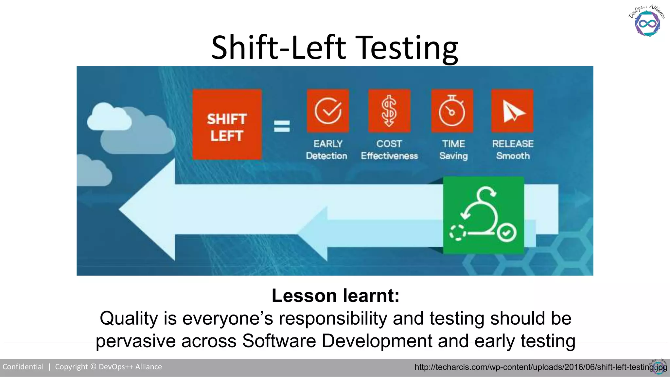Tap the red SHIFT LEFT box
227,125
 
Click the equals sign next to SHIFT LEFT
282,126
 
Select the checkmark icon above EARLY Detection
328,111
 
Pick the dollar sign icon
389,111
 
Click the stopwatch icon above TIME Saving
452,111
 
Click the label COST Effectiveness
389,150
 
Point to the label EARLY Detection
327,150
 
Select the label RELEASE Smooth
513,150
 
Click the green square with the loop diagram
483,215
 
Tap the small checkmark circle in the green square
506,233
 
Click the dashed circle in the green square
458,233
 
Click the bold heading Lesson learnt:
335,296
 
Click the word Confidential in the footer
23,367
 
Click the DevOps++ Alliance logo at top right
647,21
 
